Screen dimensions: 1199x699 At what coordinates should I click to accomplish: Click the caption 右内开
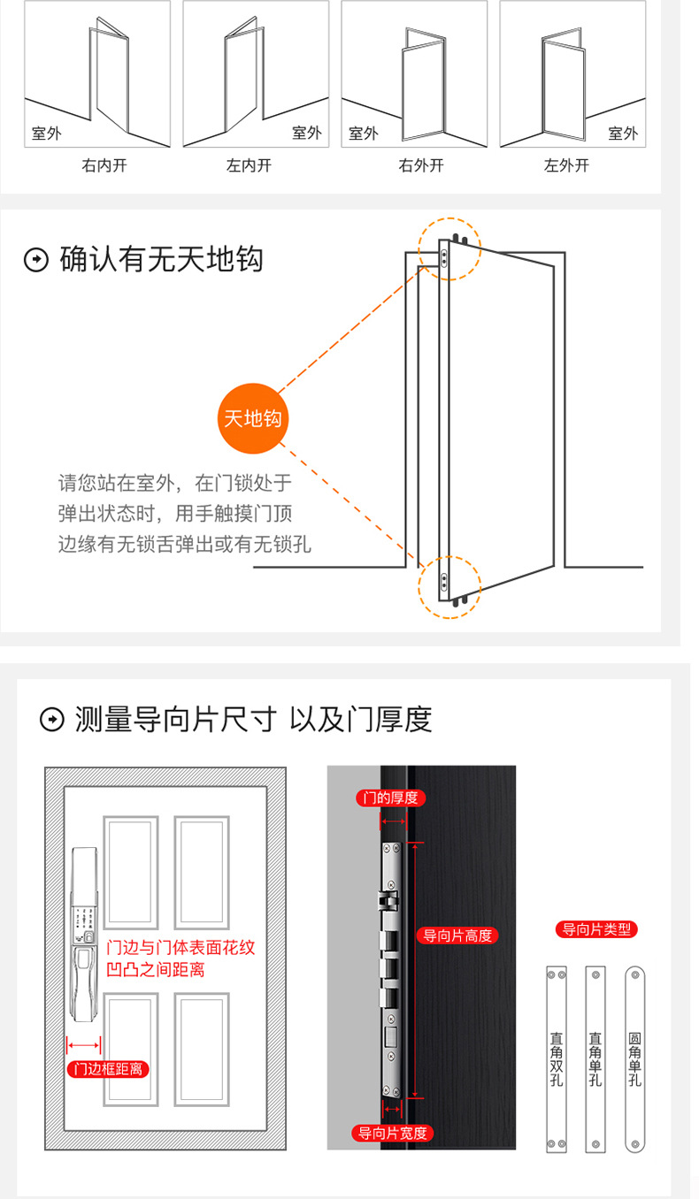click(x=104, y=165)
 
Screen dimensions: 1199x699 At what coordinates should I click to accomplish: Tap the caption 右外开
click(x=421, y=165)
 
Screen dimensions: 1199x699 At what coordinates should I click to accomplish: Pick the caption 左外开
click(x=566, y=165)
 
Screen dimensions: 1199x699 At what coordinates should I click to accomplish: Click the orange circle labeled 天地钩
click(x=253, y=418)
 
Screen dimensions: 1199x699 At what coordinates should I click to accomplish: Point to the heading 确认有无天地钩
click(x=161, y=260)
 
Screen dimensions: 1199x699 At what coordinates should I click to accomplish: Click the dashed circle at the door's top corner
click(x=449, y=250)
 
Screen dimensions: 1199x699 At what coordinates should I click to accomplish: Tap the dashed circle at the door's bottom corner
click(x=449, y=584)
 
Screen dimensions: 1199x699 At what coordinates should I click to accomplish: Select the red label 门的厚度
click(x=390, y=798)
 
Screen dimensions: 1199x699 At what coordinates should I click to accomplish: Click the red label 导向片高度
click(x=457, y=936)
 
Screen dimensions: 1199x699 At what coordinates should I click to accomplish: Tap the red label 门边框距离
click(x=109, y=1069)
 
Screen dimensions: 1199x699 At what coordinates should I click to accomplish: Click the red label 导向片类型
click(x=596, y=929)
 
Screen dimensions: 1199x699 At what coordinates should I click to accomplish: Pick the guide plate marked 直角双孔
click(x=556, y=1059)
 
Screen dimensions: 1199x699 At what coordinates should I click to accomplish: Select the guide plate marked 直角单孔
click(x=595, y=1059)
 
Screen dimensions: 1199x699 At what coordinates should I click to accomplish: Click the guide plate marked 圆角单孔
click(x=635, y=1059)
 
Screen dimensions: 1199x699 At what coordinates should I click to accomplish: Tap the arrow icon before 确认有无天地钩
click(x=36, y=261)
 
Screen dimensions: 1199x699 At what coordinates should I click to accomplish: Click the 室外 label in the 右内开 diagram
click(x=49, y=134)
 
